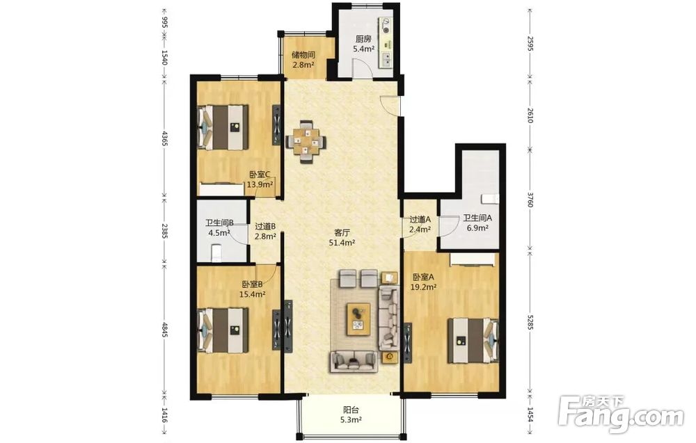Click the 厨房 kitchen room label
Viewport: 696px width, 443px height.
pos(363,39)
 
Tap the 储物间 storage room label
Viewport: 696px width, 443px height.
pos(303,55)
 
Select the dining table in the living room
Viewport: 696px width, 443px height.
pos(306,142)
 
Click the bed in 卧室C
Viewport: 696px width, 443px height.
pos(223,127)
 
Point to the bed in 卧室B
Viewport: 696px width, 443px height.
pos(223,330)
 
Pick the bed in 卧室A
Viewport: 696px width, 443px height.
pos(473,341)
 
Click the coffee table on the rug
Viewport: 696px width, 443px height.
pos(359,319)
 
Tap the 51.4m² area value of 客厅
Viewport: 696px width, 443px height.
pos(342,243)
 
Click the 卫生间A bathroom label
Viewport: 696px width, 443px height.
pos(477,218)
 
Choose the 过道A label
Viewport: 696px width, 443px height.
pos(420,219)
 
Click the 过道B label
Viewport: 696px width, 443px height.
pos(265,226)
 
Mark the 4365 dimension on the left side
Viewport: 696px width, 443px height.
pos(164,138)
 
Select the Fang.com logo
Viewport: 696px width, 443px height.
pos(621,414)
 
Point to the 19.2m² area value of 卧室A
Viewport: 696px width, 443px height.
pos(423,287)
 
